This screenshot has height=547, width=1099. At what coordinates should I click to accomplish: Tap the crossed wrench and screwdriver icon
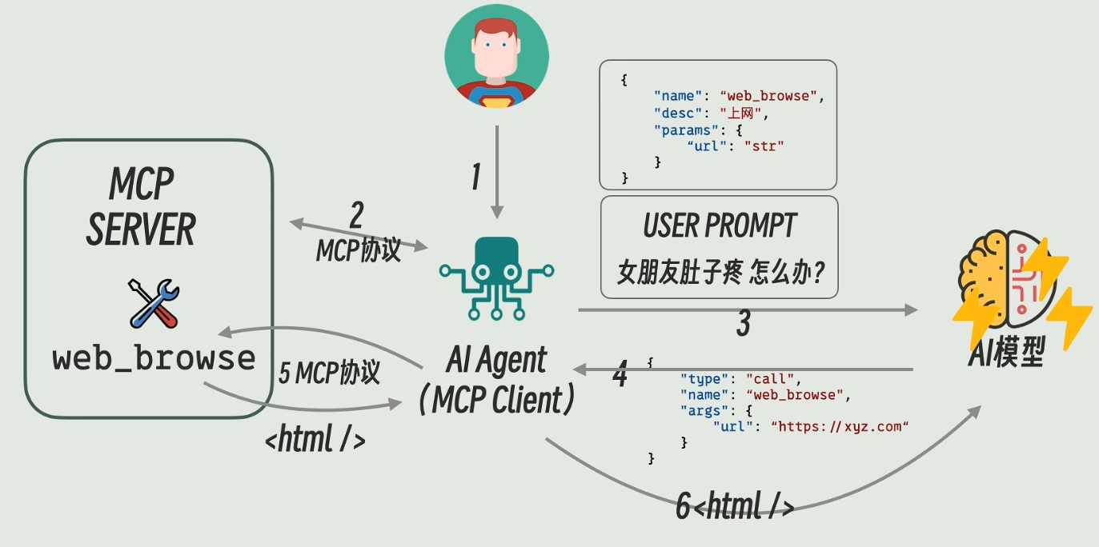(154, 303)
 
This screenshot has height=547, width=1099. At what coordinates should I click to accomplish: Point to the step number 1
(475, 177)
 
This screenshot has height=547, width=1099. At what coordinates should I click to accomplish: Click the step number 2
(357, 216)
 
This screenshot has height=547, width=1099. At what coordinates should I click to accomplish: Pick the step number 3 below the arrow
(743, 324)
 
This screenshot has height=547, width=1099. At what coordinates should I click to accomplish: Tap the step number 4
(620, 374)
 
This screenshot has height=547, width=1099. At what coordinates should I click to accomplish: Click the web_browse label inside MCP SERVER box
(154, 357)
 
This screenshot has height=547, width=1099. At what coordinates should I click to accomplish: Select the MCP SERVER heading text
(141, 207)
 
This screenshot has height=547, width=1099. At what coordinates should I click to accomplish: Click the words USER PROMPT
(719, 226)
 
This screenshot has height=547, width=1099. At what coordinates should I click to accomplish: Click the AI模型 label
(1005, 353)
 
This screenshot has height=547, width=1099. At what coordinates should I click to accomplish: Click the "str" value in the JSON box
(764, 146)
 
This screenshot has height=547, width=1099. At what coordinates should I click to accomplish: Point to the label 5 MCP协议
(329, 373)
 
